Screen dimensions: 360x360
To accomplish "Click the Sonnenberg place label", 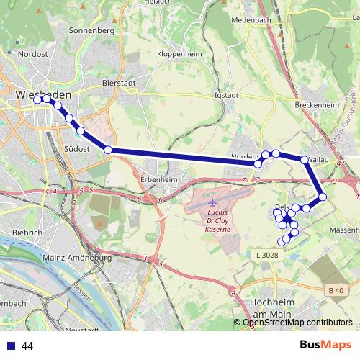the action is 91,31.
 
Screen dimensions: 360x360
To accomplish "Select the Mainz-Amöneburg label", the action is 79,257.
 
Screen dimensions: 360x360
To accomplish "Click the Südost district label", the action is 76,149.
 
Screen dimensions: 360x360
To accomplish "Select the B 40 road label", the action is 334,290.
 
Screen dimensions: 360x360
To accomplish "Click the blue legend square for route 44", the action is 10,346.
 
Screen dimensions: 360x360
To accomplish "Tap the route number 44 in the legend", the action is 28,346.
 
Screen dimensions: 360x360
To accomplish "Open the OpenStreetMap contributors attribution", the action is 297,323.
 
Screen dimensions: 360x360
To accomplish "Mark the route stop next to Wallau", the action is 305,160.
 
